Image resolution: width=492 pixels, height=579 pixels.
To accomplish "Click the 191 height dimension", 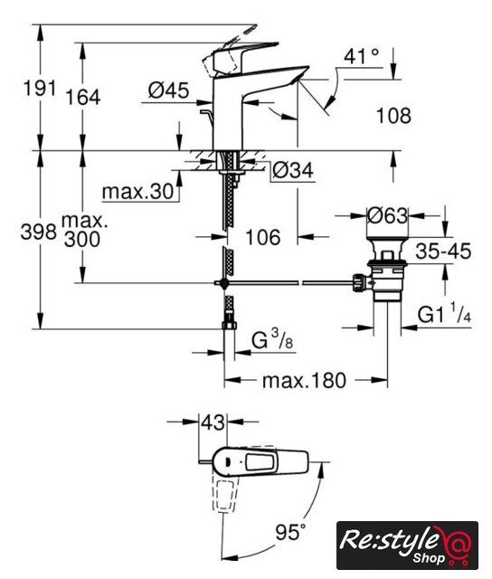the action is [x=40, y=89].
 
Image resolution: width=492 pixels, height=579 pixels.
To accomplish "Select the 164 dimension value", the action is [x=82, y=98].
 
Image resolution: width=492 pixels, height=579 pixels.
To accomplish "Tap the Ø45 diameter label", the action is [x=169, y=90].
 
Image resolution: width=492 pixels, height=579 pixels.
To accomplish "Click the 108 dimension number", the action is [x=393, y=116].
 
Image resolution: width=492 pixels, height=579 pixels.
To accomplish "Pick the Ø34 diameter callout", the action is [x=293, y=170].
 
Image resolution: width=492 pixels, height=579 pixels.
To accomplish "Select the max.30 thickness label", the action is [x=137, y=192].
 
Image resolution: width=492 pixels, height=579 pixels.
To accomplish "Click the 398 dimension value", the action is [x=39, y=233].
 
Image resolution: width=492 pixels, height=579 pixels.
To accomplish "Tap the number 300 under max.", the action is [x=82, y=239].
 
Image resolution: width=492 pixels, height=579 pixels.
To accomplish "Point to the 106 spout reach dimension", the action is [x=263, y=237].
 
